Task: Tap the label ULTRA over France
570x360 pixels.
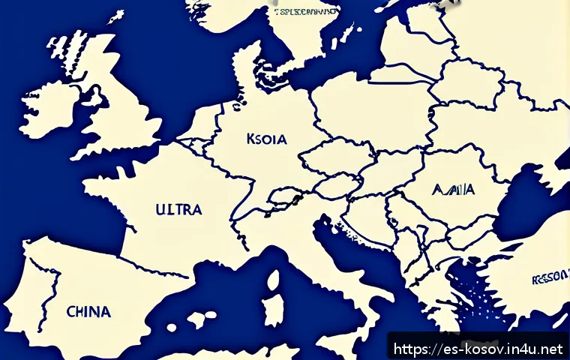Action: (x=178, y=210)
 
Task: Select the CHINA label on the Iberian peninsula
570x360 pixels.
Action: (x=88, y=310)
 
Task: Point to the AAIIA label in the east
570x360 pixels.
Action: (x=454, y=190)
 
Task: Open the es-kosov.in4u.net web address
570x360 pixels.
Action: (x=478, y=349)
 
